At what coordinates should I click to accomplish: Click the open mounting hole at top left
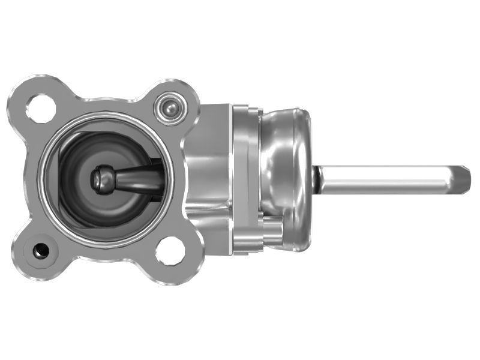[41, 107]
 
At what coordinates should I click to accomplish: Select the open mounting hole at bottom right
[170, 250]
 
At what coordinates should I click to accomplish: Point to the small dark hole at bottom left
[41, 250]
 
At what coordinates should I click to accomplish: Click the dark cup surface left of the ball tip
[75, 180]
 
